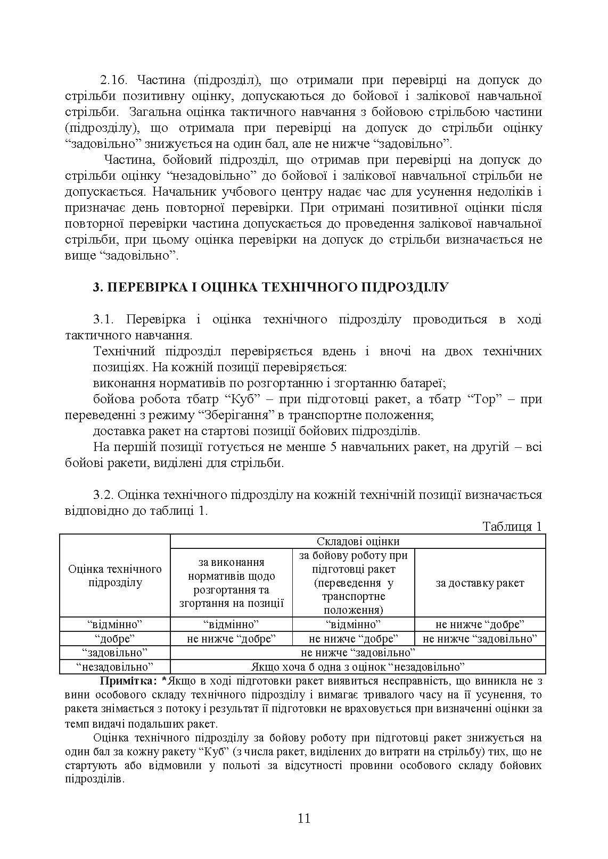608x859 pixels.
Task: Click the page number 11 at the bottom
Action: (x=304, y=818)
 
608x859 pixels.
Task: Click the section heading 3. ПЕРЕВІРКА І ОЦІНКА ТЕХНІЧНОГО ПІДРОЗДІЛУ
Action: (x=270, y=287)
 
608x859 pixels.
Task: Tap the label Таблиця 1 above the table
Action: (x=512, y=527)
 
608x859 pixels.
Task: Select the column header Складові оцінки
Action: (x=358, y=541)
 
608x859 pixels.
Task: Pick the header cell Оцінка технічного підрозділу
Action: (x=115, y=576)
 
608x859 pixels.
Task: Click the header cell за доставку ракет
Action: (x=480, y=583)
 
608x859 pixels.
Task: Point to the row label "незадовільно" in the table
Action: (x=114, y=667)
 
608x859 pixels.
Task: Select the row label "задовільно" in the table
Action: (x=114, y=653)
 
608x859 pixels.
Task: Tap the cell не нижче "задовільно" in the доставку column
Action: (x=480, y=639)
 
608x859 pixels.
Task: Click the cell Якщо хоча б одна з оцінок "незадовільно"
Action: (x=358, y=667)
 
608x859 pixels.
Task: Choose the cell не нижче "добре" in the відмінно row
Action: (x=480, y=624)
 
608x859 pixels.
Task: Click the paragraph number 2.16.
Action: (x=112, y=80)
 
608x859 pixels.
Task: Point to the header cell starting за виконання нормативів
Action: (x=231, y=583)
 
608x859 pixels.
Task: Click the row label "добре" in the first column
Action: (x=114, y=639)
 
